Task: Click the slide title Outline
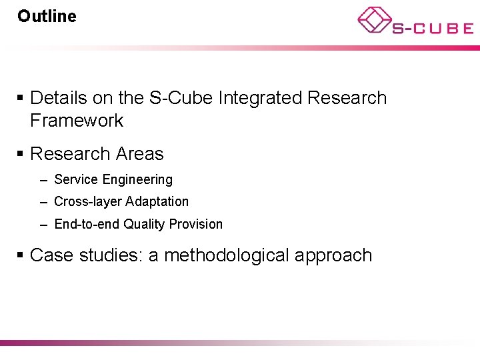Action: coord(47,16)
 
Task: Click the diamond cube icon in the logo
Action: coord(375,20)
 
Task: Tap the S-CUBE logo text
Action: coord(432,29)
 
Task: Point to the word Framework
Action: coord(77,121)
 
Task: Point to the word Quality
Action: coord(144,225)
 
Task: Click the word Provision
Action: coord(196,224)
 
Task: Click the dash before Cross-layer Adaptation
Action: coord(43,201)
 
